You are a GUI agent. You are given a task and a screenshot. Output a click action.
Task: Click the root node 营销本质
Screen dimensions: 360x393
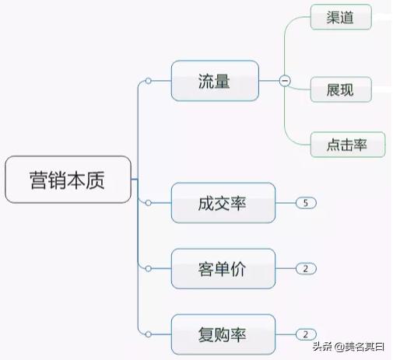[68, 181]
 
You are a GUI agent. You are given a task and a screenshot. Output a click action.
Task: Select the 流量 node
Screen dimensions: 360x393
[214, 80]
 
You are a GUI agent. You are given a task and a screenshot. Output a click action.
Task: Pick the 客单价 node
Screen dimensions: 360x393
[223, 269]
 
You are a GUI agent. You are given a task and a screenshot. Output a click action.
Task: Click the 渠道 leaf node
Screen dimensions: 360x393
[340, 17]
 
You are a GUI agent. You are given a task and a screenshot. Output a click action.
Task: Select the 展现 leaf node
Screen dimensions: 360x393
[340, 89]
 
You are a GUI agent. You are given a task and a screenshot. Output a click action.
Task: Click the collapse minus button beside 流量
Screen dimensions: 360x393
[285, 80]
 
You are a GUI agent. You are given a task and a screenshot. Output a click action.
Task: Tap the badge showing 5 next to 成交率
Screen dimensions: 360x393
[306, 203]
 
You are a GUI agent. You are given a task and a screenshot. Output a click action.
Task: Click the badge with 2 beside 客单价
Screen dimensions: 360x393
[306, 269]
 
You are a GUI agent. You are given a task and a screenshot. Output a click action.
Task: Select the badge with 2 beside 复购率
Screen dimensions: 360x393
[306, 334]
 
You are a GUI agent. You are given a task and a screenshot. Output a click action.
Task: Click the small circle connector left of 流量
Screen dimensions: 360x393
[147, 80]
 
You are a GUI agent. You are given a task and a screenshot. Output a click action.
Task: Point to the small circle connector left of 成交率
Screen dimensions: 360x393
[147, 203]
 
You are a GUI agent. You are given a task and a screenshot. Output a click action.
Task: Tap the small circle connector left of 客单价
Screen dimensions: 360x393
[147, 269]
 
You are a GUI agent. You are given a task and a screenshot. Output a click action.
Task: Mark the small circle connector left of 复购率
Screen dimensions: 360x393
[147, 334]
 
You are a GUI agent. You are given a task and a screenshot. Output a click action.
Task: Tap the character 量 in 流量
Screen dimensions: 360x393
[223, 80]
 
